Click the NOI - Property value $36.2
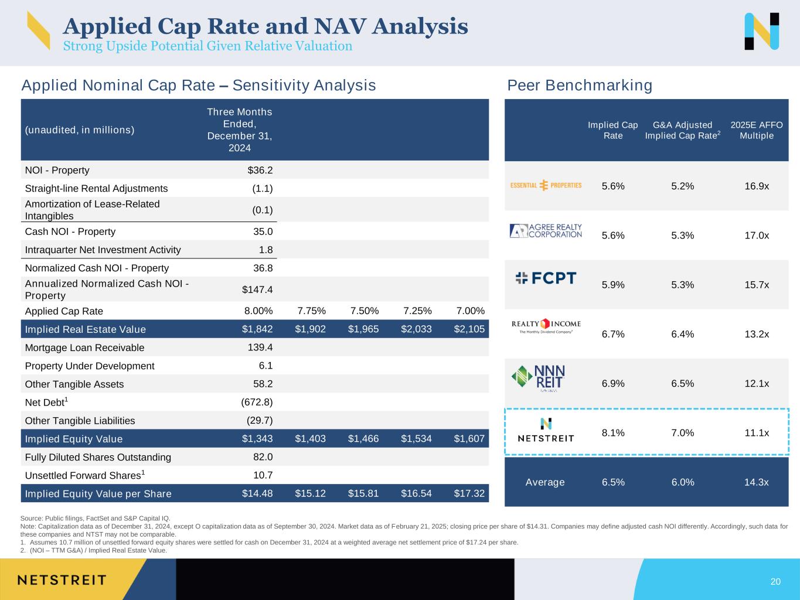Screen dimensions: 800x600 [260, 170]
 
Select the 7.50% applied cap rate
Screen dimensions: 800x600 [365, 311]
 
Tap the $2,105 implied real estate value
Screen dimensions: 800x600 [469, 329]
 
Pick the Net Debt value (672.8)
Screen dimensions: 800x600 [257, 402]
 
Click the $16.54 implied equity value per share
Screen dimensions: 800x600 [416, 493]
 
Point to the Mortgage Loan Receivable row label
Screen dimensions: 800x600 [84, 347]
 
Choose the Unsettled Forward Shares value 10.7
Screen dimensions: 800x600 [263, 475]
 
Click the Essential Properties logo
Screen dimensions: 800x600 [546, 185]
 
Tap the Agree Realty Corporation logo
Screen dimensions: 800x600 [546, 231]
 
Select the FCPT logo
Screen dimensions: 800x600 [546, 278]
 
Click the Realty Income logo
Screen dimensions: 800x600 [546, 326]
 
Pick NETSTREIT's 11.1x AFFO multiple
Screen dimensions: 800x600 [757, 433]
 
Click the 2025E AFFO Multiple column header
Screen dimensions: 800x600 [757, 131]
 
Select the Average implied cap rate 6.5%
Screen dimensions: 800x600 [613, 482]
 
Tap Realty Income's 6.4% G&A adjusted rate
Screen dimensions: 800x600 [683, 334]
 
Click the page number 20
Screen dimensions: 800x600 [775, 581]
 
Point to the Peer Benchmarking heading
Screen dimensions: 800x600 [580, 85]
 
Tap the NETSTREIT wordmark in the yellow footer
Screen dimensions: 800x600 [62, 580]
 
